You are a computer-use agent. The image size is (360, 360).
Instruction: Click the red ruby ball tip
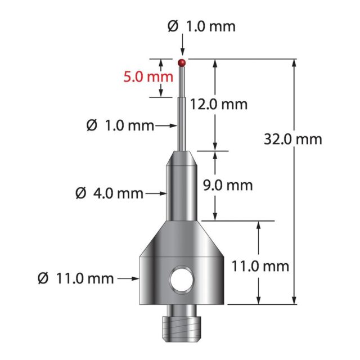click(182, 62)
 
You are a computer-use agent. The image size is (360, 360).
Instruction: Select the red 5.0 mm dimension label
click(148, 77)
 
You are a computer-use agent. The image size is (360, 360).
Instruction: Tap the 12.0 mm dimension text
click(219, 104)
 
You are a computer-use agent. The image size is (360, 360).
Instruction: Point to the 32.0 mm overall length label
click(293, 139)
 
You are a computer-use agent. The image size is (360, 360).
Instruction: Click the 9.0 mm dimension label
click(228, 186)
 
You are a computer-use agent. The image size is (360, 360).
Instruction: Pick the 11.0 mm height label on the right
click(260, 267)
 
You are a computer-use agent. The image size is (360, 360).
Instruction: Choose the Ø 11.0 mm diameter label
click(76, 278)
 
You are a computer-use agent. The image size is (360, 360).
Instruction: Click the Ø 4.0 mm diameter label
click(109, 193)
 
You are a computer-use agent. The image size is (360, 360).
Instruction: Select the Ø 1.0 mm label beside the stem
click(120, 125)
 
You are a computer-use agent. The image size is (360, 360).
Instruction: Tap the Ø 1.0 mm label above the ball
click(201, 26)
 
